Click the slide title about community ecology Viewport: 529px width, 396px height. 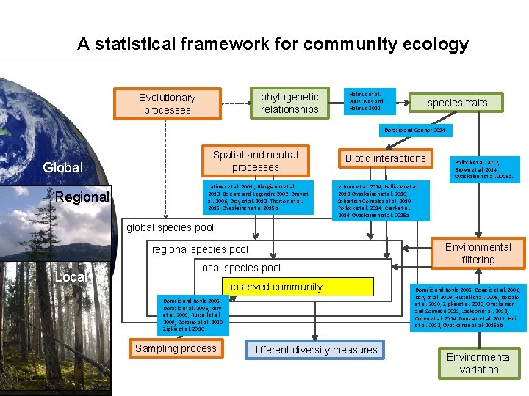(273, 44)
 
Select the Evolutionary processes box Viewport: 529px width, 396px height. (167, 104)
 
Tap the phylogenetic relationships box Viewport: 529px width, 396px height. (289, 103)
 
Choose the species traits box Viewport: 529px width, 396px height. (457, 103)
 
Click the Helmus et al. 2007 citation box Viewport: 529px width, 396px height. (370, 100)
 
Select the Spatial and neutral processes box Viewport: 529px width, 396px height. (255, 161)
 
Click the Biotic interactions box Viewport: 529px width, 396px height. (385, 158)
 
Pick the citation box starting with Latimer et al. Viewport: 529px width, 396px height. (256, 197)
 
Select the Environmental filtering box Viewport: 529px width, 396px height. (478, 254)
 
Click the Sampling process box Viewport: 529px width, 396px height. (176, 348)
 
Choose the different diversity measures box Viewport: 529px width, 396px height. (314, 350)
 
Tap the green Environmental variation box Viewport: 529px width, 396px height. (479, 363)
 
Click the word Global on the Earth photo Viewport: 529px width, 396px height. (63, 167)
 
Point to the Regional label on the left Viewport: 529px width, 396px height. (82, 197)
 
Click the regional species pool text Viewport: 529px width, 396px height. (200, 249)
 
